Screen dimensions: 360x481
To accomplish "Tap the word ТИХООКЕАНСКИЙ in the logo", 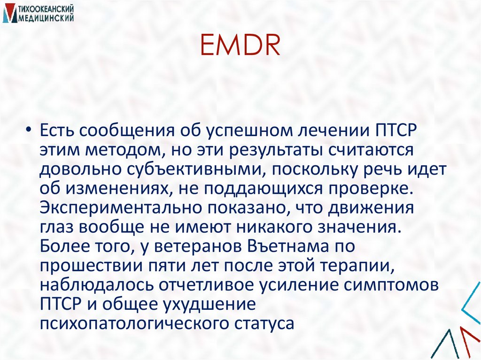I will click(x=46, y=9).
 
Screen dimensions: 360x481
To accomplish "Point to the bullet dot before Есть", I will click(x=29, y=130).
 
